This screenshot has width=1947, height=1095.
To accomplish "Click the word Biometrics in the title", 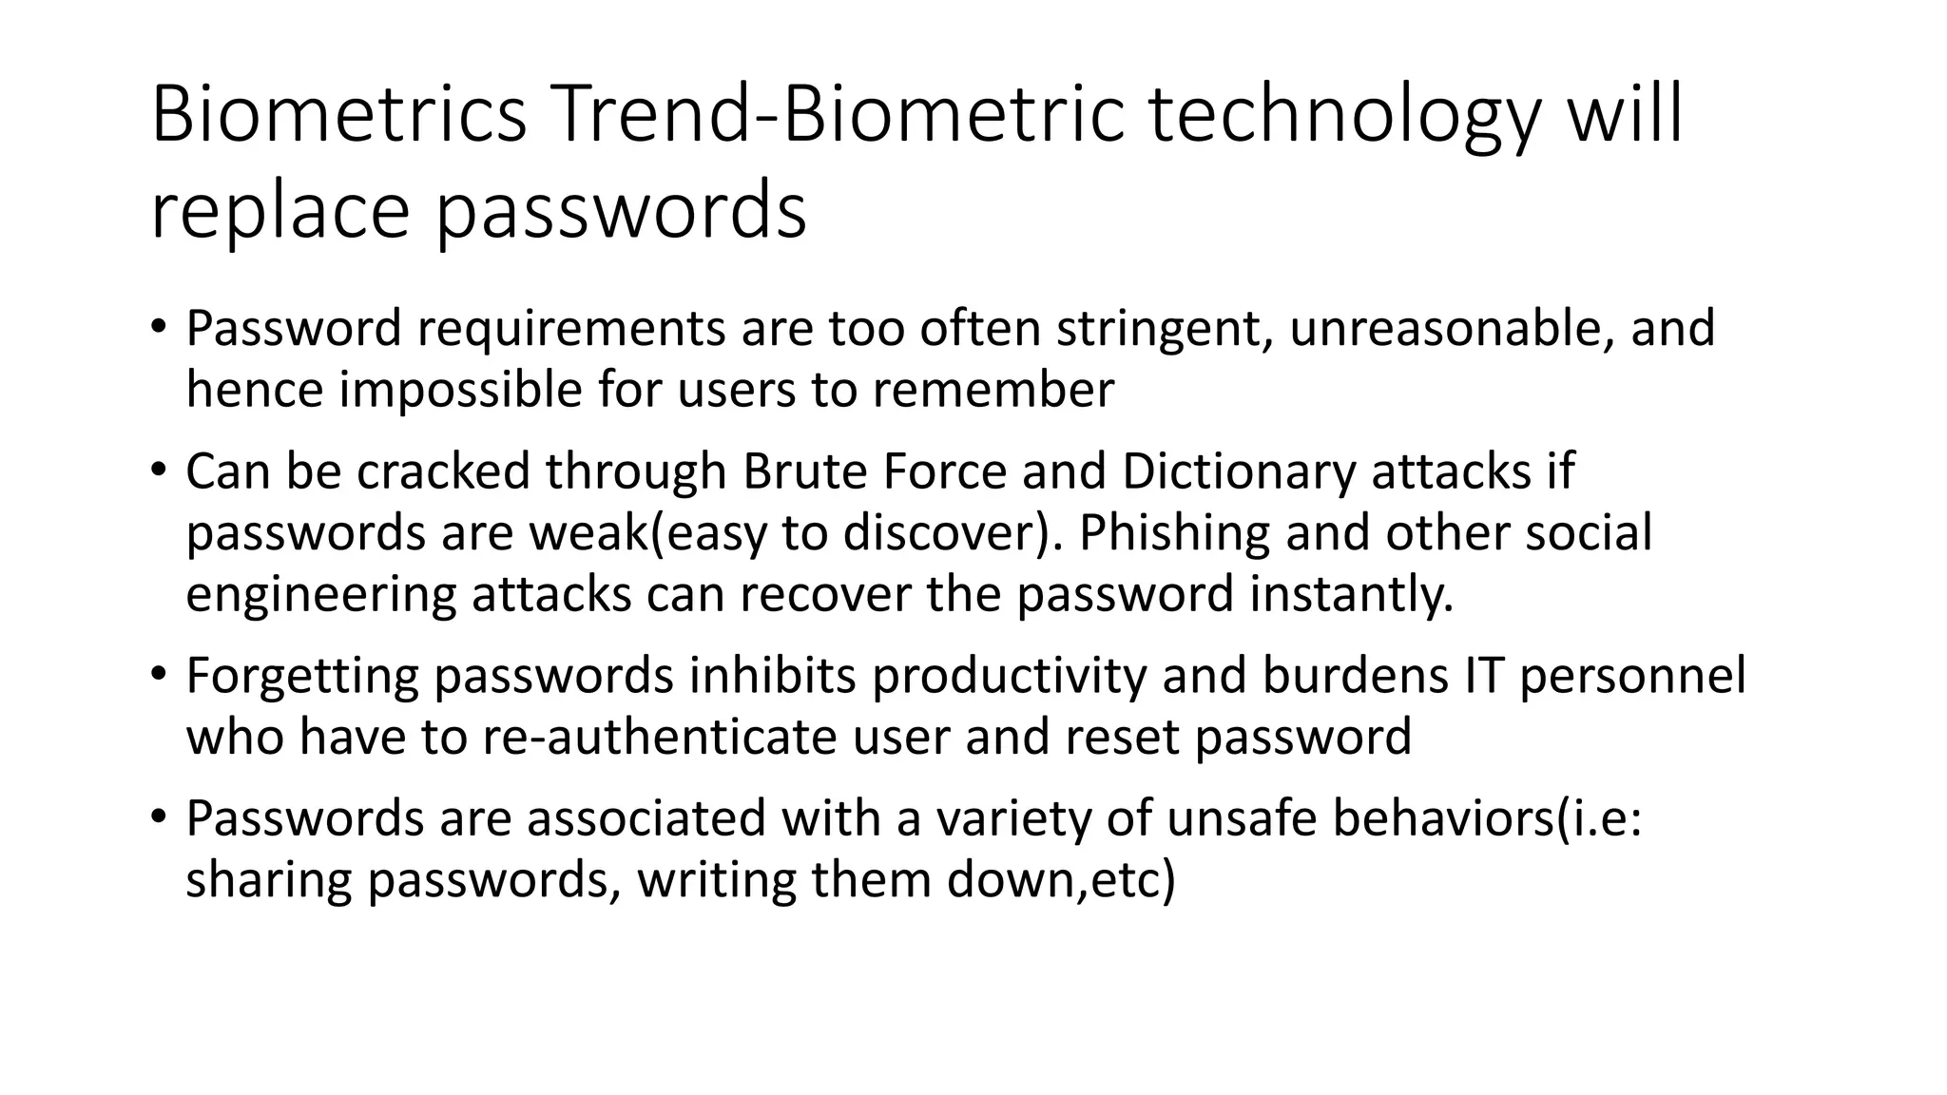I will pyautogui.click(x=338, y=115).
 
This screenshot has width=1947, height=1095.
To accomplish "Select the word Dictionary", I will pyautogui.click(x=1238, y=471).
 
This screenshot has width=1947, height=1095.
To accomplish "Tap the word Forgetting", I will pyautogui.click(x=302, y=676).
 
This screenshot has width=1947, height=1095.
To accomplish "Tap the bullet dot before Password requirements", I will pyautogui.click(x=158, y=325).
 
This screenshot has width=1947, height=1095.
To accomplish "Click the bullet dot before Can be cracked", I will pyautogui.click(x=158, y=468).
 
